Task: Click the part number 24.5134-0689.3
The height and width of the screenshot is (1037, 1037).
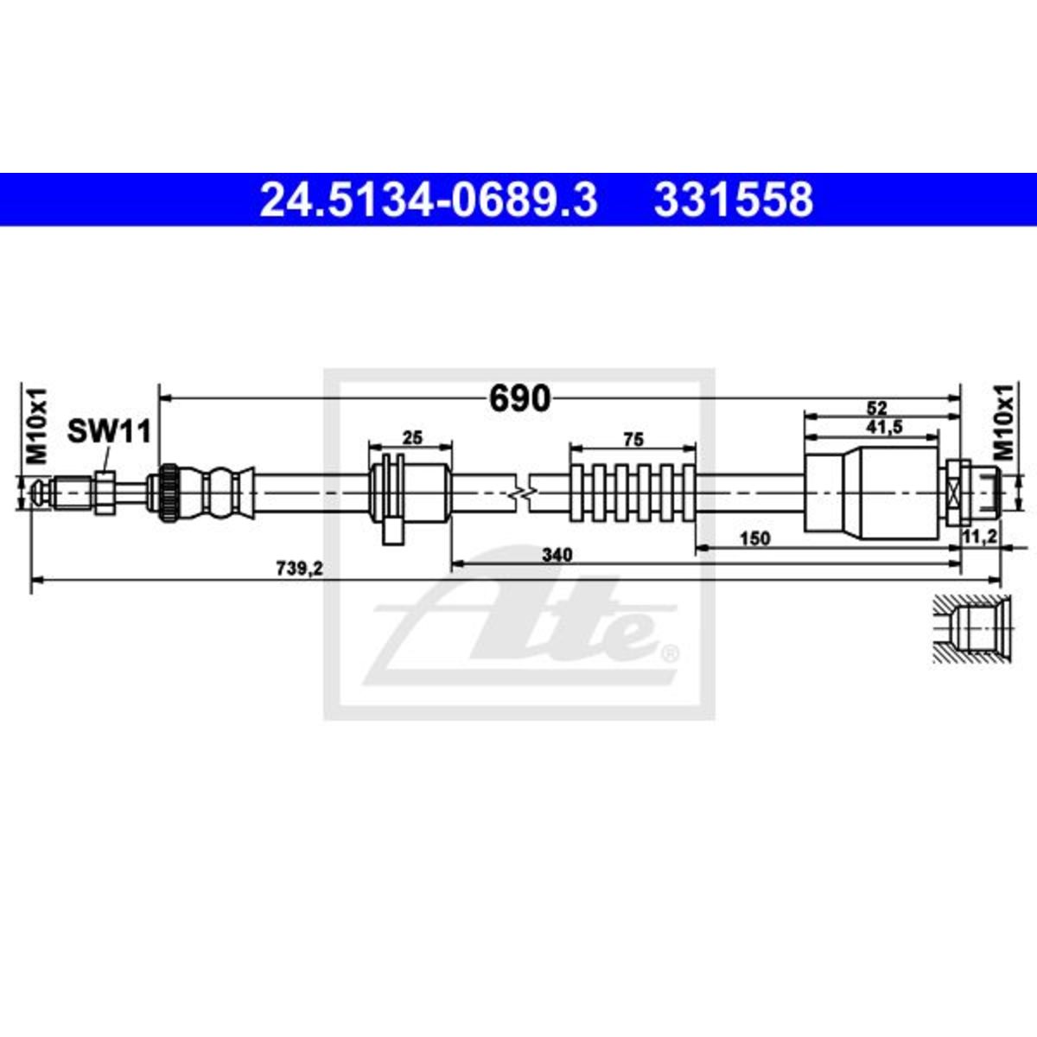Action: tap(429, 200)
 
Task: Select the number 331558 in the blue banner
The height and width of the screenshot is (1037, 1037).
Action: tap(734, 200)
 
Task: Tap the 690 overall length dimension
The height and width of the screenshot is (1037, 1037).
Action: tap(520, 398)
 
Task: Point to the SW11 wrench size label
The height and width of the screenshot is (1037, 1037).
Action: tap(109, 431)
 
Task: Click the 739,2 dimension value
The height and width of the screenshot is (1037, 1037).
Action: tap(300, 569)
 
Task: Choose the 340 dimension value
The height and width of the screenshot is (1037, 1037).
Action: tap(557, 554)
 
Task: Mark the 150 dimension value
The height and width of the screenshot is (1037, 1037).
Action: tap(755, 538)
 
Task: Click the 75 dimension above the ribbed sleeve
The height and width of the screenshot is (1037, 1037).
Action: tap(633, 440)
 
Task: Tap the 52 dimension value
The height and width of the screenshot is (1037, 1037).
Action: tap(876, 408)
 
